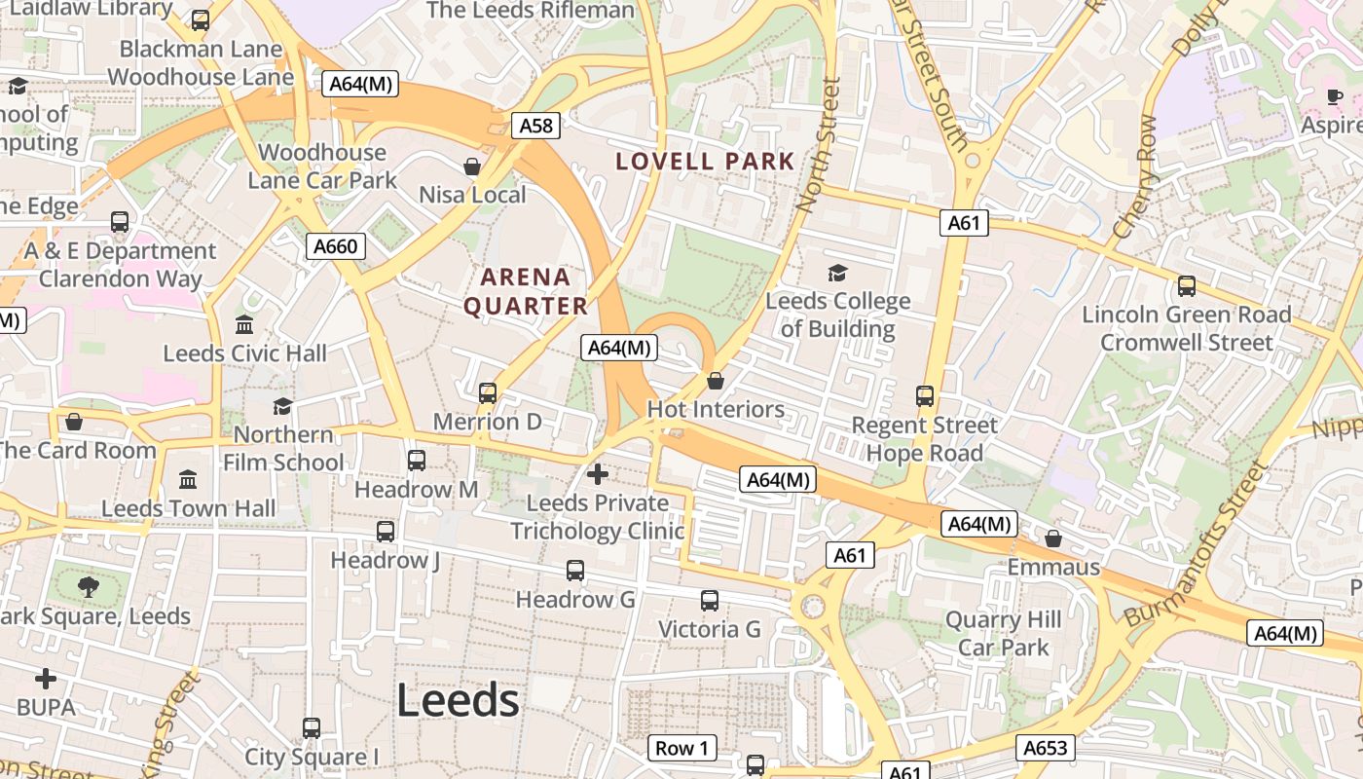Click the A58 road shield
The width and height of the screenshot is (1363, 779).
point(535,125)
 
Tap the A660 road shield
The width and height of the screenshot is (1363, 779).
point(336,246)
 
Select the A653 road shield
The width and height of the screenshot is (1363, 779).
point(1046,748)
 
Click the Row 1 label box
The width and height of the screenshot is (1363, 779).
point(681,748)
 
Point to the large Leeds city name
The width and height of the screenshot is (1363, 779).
point(458,700)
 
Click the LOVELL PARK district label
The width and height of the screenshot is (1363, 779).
point(705,162)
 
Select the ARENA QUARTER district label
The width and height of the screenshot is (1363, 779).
point(526,291)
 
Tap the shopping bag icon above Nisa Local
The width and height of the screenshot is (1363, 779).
point(472,167)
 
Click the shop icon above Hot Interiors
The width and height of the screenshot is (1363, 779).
point(716,381)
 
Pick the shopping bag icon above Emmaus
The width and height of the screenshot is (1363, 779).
point(1052,538)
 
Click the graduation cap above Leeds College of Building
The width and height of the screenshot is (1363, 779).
point(837,273)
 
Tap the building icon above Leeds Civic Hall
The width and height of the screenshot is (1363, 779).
point(244,324)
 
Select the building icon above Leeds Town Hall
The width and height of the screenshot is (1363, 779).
point(188,480)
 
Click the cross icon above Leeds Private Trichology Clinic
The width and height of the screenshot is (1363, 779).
point(598,474)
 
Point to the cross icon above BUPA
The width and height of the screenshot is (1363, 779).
point(46,679)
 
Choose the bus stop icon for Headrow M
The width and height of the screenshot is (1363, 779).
point(417,461)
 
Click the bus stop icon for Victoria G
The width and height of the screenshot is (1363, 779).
point(710,601)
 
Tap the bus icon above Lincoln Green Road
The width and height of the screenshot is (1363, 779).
point(1186,286)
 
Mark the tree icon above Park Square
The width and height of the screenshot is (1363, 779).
point(89,586)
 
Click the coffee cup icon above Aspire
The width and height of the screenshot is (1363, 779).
point(1335,96)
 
